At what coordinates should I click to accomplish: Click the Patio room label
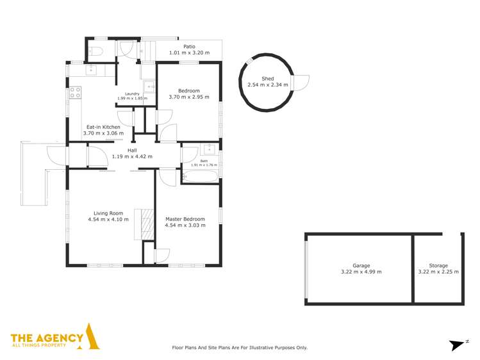pos(189,46)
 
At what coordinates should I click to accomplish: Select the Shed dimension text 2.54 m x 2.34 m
pos(268,85)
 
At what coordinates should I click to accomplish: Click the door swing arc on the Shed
pos(302,83)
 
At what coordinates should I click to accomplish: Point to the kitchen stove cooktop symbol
pos(75,94)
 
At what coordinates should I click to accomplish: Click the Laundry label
pos(133,94)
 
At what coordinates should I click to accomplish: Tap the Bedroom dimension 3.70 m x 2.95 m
pos(188,97)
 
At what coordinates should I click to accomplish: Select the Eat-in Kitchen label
pos(103,127)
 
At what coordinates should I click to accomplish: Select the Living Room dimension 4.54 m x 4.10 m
pos(108,220)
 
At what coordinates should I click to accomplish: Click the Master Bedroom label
pos(185,218)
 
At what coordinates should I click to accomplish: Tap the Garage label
pos(361,265)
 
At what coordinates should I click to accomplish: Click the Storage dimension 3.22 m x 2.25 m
pos(438,272)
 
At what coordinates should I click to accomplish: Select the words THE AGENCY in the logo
pos(46,338)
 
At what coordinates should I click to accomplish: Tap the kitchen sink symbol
pos(91,69)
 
